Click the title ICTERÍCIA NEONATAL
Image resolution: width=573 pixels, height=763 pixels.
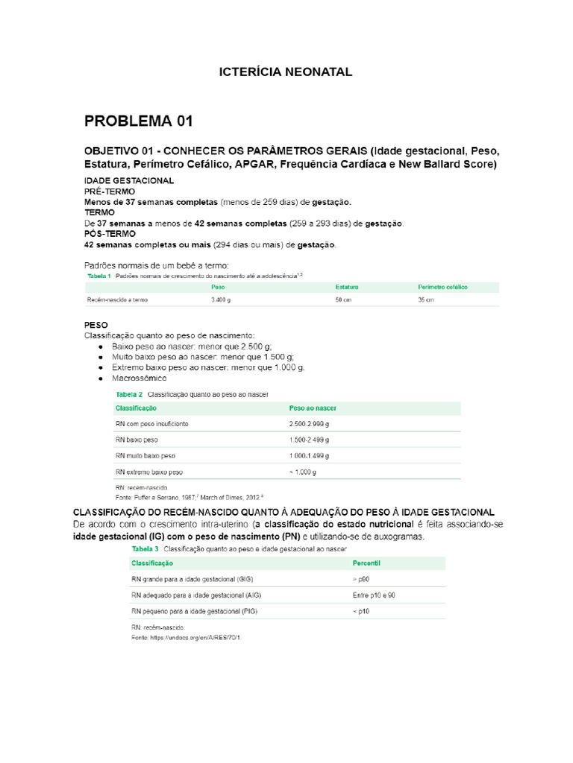pos(285,72)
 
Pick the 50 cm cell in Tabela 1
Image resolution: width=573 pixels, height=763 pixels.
pos(343,300)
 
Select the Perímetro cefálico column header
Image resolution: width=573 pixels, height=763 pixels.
pos(442,287)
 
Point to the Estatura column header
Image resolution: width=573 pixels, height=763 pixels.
pos(347,287)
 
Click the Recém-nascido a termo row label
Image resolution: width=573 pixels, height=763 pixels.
pos(118,300)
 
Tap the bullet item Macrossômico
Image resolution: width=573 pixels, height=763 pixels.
pos(140,379)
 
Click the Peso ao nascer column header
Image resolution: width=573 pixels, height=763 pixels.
pos(313,408)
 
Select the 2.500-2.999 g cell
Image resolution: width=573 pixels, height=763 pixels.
pos(309,424)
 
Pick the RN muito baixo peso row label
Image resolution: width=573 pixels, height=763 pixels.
pos(145,455)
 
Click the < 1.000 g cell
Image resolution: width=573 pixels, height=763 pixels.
pos(303,472)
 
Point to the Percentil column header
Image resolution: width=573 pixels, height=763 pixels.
pos(367,564)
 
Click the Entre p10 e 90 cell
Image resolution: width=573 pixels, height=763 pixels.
pos(374,595)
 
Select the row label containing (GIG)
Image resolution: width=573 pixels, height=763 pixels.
pos(193,579)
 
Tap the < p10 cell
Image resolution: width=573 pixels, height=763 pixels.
pos(361,611)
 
